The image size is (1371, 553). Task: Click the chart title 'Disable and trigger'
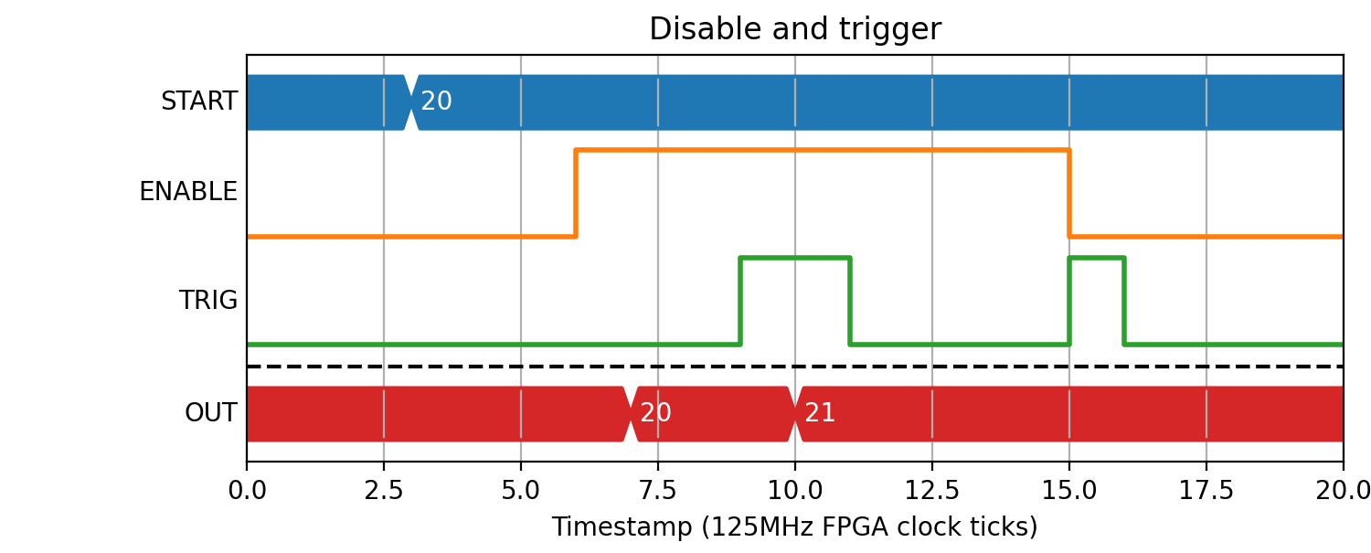click(795, 28)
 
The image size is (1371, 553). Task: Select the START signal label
click(199, 101)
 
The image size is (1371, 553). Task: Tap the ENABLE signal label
click(188, 192)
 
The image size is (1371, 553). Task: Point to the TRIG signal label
click(208, 300)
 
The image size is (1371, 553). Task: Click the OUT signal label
click(210, 413)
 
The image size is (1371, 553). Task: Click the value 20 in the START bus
click(436, 101)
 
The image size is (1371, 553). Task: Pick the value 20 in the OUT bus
click(655, 413)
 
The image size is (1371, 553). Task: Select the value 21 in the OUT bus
click(820, 413)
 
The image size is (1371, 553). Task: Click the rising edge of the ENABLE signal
click(576, 193)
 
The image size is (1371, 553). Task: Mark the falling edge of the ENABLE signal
click(1069, 193)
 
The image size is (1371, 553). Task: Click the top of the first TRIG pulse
click(795, 258)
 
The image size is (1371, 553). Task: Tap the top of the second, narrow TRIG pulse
click(1097, 258)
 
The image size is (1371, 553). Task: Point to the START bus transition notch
click(411, 102)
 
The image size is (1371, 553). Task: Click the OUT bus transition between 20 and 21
click(795, 414)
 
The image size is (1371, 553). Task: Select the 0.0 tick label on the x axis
click(247, 491)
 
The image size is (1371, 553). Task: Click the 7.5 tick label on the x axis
click(658, 491)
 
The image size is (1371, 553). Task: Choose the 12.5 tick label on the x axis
click(932, 491)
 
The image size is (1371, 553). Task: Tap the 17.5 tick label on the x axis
click(1206, 491)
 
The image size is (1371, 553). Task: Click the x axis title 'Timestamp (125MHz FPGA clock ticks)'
click(795, 527)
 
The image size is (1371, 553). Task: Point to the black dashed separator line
click(795, 367)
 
